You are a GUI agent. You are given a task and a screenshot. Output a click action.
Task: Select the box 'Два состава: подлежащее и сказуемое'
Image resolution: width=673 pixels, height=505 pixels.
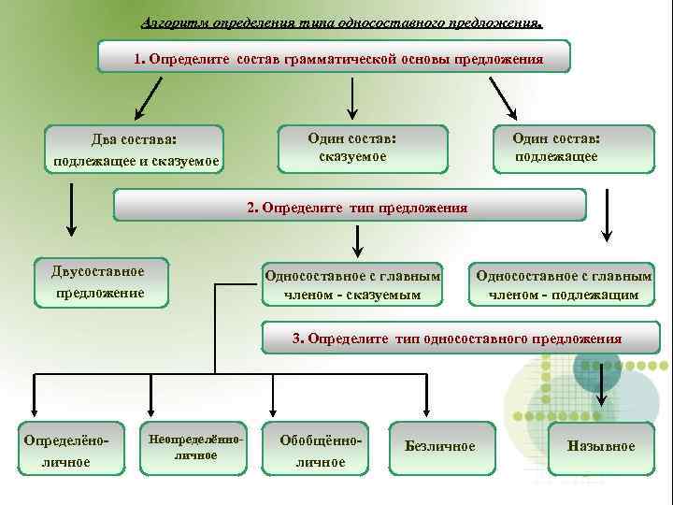tap(136, 151)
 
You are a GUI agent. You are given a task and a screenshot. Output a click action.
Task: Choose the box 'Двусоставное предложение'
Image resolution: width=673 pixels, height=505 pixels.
tap(99, 281)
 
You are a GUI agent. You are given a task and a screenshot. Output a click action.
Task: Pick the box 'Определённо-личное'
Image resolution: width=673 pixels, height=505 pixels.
tap(66, 449)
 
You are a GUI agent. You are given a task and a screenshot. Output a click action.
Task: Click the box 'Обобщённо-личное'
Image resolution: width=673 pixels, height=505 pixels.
tap(313, 449)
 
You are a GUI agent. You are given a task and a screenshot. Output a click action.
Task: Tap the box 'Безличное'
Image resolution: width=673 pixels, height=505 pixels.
tap(439, 446)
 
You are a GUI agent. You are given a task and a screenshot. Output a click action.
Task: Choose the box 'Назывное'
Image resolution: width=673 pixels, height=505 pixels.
tap(600, 446)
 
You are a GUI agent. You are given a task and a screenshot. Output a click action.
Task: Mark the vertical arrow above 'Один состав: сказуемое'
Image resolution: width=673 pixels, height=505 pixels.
tap(351, 97)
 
